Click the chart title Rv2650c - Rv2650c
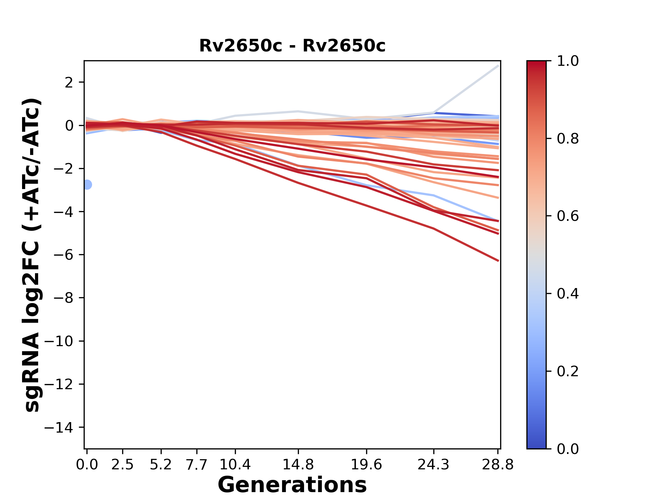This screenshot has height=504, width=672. coord(292,46)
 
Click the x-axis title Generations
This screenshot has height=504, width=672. coord(292,485)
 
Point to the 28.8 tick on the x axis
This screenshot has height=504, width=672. coord(498,465)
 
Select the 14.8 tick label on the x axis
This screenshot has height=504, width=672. coord(298,465)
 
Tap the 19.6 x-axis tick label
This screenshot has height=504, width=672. coord(366,465)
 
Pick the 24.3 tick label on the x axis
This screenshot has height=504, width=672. coord(433,465)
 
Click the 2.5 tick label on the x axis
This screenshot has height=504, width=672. coord(122,465)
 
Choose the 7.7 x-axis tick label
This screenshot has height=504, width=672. coord(197,465)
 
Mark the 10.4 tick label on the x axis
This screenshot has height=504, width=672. coord(235,465)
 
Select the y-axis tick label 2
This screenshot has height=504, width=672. coord(69,83)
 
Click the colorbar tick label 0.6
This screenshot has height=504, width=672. coord(568,216)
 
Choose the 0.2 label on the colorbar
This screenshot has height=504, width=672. coord(568,371)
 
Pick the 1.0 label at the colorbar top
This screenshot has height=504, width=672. coord(568,61)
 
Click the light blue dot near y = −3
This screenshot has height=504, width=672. coord(87,184)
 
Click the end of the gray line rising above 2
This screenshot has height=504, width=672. coord(498,65)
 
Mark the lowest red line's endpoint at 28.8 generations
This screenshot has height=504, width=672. coord(498,261)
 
